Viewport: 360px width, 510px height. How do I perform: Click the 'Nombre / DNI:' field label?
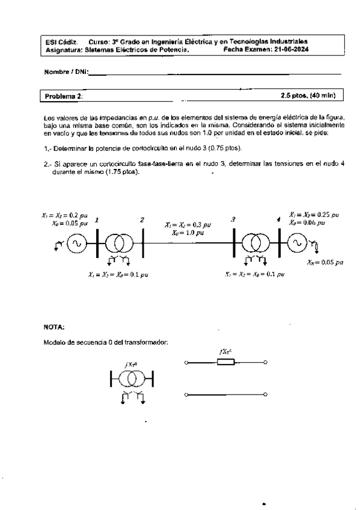coord(66,72)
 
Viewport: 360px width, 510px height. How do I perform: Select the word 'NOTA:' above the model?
coord(55,327)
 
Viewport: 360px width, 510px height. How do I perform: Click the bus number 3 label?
coord(233,221)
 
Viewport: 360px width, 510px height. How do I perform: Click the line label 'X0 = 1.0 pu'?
coord(187,232)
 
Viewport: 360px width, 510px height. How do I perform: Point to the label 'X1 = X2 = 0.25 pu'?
coord(313,214)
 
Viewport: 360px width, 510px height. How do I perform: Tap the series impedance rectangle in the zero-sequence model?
coord(226,362)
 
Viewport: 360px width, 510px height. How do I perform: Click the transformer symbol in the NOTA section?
coord(132,378)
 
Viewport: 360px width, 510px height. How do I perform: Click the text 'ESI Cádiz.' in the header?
coord(58,42)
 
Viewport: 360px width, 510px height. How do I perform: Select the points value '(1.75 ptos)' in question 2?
coord(122,172)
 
